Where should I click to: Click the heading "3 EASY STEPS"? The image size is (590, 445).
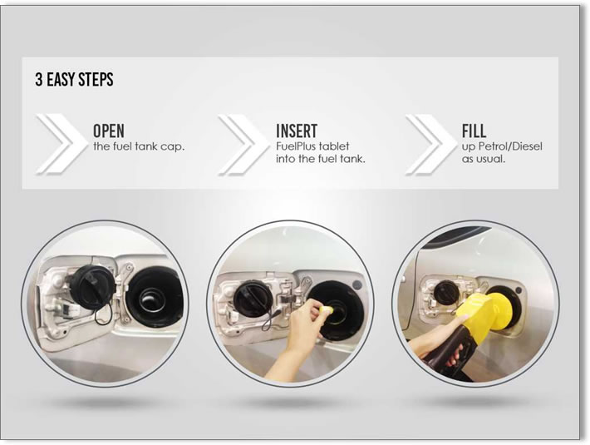[x=74, y=80]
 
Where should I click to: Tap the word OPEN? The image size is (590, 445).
[x=108, y=131]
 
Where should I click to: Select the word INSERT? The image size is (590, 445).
[x=297, y=131]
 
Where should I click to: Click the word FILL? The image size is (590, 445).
[x=474, y=131]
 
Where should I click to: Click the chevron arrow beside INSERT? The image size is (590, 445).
[x=243, y=145]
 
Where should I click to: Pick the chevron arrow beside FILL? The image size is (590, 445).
[x=430, y=145]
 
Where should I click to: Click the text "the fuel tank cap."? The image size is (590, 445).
[x=139, y=146]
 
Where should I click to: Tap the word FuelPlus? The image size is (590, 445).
[x=295, y=146]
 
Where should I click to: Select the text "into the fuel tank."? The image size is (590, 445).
[x=321, y=159]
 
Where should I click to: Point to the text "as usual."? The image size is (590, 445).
[x=484, y=159]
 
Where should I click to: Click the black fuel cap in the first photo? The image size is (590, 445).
[x=92, y=284]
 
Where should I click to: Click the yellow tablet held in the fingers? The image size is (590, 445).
[x=326, y=310]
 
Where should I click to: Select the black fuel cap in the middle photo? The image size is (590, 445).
[x=252, y=299]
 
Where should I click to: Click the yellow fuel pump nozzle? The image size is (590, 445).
[x=484, y=314]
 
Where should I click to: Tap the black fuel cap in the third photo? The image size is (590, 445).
[x=446, y=294]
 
